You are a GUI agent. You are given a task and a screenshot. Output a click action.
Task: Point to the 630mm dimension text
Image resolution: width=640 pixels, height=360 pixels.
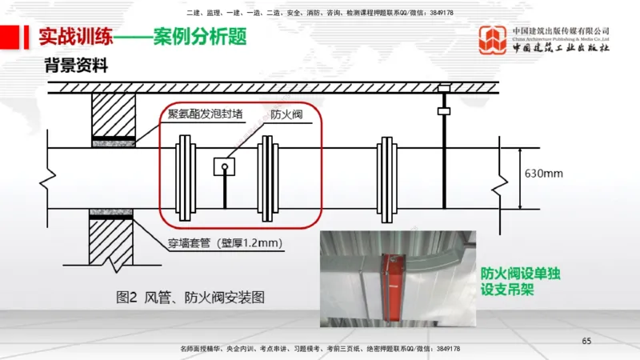tap(544, 174)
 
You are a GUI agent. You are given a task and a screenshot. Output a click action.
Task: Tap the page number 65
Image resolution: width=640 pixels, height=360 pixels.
tap(586, 342)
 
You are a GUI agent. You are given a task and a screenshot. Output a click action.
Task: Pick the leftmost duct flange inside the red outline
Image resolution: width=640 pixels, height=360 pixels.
tap(184, 177)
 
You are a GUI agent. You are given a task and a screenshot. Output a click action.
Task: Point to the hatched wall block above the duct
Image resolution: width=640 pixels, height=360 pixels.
tap(112, 116)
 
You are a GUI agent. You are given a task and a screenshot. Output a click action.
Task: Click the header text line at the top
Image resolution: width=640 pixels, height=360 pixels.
tap(320, 13)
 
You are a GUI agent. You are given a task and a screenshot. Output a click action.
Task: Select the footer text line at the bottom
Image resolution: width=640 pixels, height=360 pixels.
tap(320, 350)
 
